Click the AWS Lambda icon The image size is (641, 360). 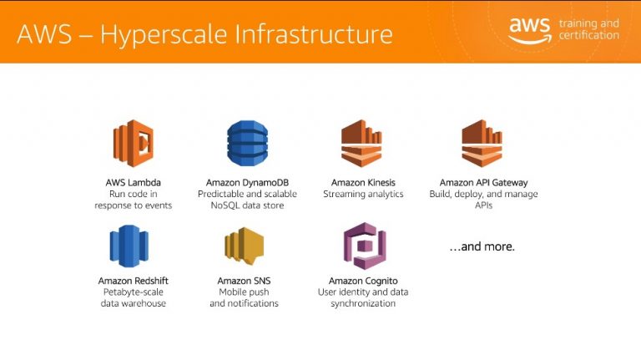click(134, 143)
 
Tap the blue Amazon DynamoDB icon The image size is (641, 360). click(247, 143)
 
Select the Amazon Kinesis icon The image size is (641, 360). click(361, 143)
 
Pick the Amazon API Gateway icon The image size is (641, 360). click(482, 143)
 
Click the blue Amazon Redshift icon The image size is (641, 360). click(129, 246)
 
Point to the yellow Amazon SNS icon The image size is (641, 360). click(244, 246)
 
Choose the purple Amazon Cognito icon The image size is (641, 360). click(365, 246)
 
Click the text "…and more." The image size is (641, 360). click(482, 246)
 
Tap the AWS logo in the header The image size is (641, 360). click(530, 30)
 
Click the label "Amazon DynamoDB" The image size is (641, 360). click(247, 182)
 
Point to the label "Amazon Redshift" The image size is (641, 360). click(134, 281)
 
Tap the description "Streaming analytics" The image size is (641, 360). click(363, 194)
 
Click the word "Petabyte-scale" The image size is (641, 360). click(134, 292)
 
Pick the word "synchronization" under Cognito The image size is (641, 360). click(363, 303)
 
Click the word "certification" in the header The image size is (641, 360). click(589, 35)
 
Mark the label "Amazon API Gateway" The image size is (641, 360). click(483, 182)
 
